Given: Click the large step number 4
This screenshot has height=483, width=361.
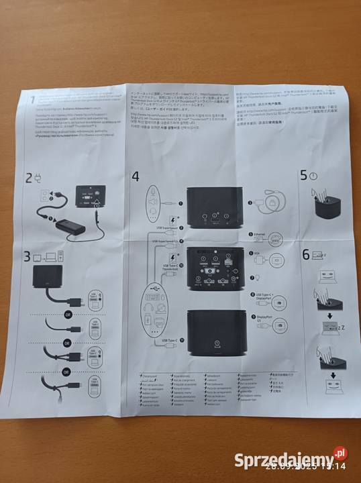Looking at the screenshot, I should click(136, 177).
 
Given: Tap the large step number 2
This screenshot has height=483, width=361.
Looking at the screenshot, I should click(30, 178).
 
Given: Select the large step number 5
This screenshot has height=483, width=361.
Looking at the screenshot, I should click(304, 176).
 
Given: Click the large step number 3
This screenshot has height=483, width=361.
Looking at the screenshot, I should click(28, 256).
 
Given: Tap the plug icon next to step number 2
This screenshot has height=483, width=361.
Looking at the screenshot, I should click(39, 178).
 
